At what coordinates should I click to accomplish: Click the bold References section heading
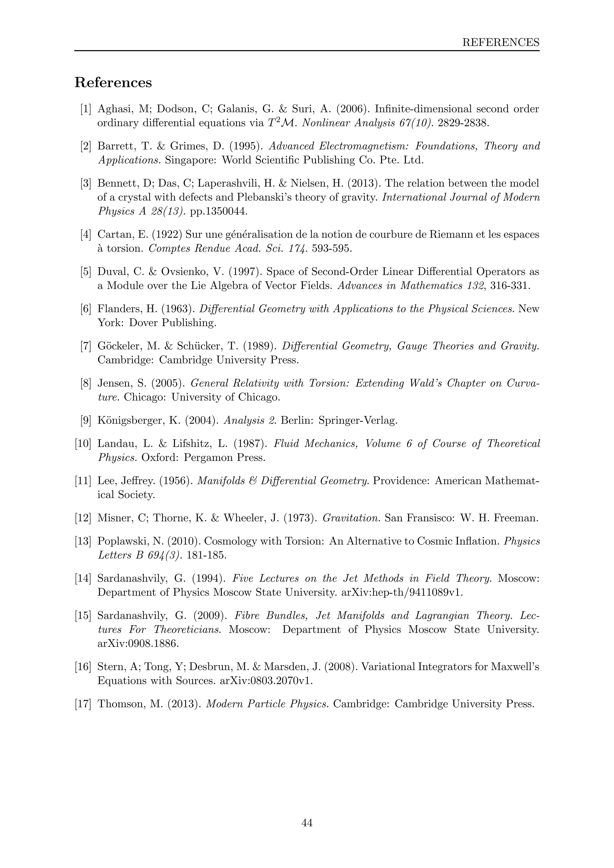tap(113, 82)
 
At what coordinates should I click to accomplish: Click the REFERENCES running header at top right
tap(501, 42)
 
